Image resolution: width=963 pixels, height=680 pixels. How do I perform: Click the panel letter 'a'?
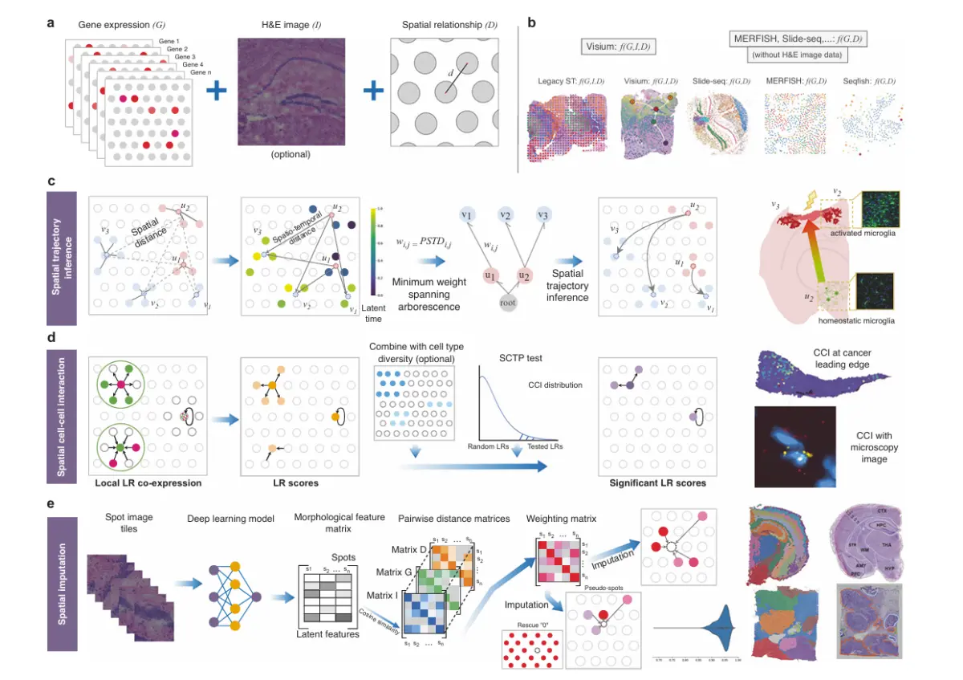pyautogui.click(x=51, y=23)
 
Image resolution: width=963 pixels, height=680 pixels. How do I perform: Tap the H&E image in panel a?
pyautogui.click(x=291, y=90)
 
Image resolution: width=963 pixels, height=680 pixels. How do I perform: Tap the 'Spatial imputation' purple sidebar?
pyautogui.click(x=63, y=583)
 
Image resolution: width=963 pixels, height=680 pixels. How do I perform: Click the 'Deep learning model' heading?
pyautogui.click(x=230, y=518)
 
